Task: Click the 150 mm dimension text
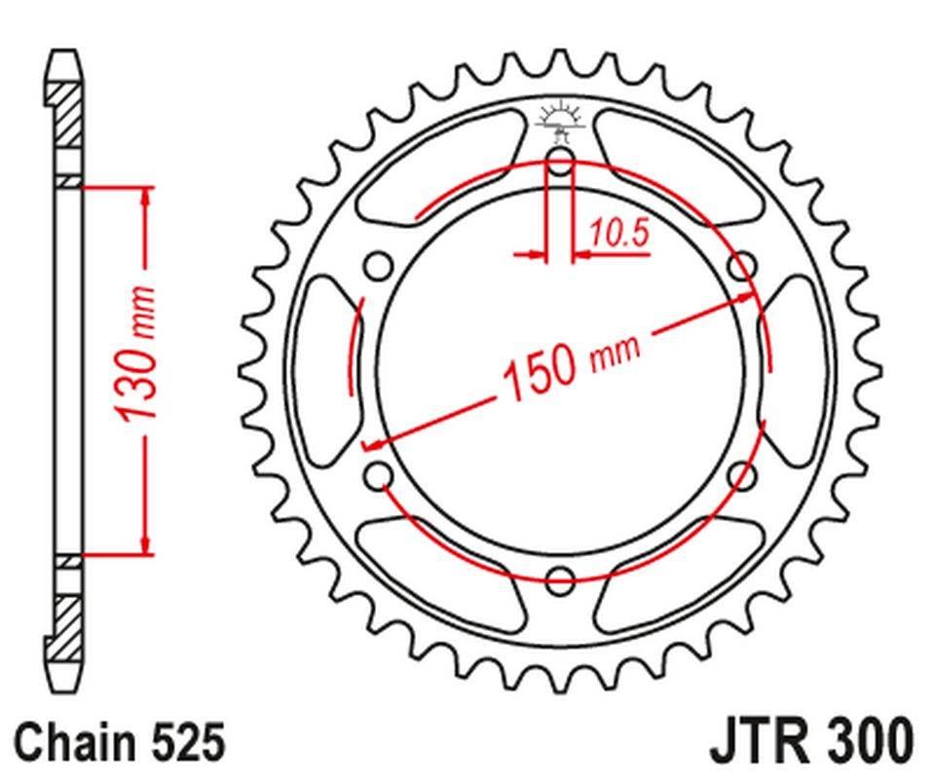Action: (571, 368)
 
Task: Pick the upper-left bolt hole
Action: (378, 265)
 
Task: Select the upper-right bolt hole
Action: (743, 265)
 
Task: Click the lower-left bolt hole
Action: (378, 475)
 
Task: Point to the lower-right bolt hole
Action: (743, 475)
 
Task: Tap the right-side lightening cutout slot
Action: (797, 370)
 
